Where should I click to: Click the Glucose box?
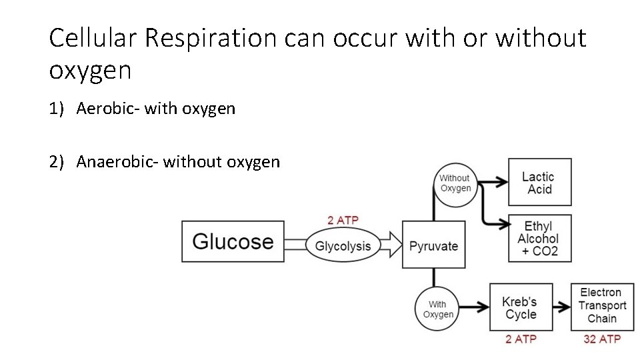pyautogui.click(x=233, y=241)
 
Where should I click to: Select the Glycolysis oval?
pyautogui.click(x=343, y=246)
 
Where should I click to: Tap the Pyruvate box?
pyautogui.click(x=433, y=245)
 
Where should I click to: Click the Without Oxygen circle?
pyautogui.click(x=455, y=184)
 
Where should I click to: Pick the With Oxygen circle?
pyautogui.click(x=437, y=309)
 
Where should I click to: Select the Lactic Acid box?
pyautogui.click(x=539, y=182)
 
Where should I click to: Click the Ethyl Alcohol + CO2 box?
pyautogui.click(x=539, y=238)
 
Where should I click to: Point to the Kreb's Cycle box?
pyautogui.click(x=521, y=307)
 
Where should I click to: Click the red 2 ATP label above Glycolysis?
pyautogui.click(x=343, y=221)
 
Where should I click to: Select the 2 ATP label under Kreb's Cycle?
pyautogui.click(x=521, y=339)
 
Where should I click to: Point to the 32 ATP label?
pyautogui.click(x=602, y=339)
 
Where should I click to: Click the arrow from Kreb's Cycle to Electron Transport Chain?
pyautogui.click(x=561, y=307)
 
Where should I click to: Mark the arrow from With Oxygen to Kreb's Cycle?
pyautogui.click(x=474, y=307)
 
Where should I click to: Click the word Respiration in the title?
pyautogui.click(x=209, y=39)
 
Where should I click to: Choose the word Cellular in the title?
pyautogui.click(x=93, y=39)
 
